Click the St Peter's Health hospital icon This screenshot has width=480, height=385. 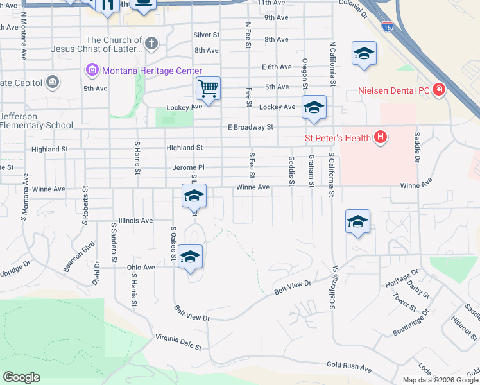381,137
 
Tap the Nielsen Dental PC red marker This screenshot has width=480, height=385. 439,90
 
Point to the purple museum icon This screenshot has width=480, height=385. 91,69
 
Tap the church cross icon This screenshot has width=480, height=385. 151,44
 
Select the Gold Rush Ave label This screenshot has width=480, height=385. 349,368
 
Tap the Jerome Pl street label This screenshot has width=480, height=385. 188,167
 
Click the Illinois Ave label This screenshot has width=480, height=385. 135,220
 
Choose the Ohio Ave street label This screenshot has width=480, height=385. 141,267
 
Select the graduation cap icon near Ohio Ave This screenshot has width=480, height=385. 191,257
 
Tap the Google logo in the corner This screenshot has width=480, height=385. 22,377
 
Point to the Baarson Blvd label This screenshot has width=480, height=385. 79,257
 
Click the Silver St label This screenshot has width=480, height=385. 206,35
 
